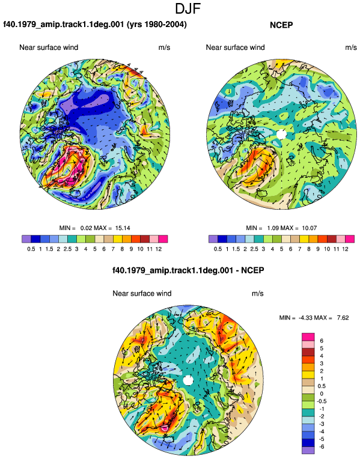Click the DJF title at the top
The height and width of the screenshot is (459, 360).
pos(188,8)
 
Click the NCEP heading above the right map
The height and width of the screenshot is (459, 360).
pos(281,25)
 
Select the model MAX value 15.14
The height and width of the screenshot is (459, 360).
pos(123,228)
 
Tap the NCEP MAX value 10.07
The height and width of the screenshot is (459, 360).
pos(310,228)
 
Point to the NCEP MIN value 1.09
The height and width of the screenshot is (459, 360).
pos(273,228)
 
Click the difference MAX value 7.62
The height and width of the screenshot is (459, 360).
pos(343,318)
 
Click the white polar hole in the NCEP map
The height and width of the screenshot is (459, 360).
pos(281,134)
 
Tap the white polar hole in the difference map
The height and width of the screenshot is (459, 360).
pos(188,380)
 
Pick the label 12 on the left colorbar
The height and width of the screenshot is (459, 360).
pos(159,249)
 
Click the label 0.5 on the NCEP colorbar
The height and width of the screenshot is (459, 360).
pos(218,249)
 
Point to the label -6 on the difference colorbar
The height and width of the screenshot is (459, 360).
pos(322,447)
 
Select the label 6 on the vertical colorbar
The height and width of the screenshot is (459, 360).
pos(322,341)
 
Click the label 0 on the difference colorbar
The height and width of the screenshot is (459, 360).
pos(322,394)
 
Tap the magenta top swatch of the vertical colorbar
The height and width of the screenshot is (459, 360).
pos(308,337)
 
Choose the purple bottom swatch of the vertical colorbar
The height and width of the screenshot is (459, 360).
pos(308,451)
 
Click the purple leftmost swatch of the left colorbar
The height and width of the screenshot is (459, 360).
pos(26,239)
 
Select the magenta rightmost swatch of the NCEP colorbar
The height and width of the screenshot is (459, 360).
pos(350,239)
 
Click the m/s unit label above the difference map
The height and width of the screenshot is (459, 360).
pos(257,293)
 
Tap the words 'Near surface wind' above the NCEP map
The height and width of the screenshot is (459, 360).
pos(235,47)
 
